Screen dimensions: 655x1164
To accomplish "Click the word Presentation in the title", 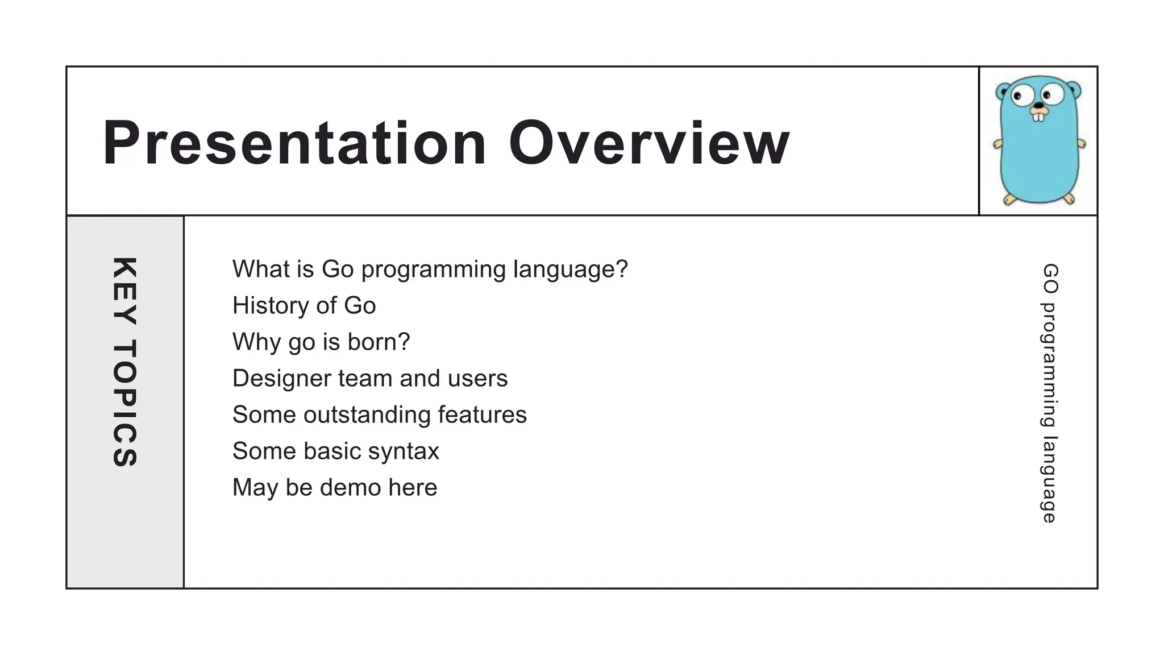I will coord(294,143).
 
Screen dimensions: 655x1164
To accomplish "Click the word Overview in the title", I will coord(648,143).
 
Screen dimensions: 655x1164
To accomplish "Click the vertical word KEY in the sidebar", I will coord(124,291).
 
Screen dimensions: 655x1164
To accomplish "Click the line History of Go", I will coord(304,306).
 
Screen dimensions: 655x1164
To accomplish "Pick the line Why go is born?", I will coord(321,342).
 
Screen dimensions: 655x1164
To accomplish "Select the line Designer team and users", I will coord(370,379).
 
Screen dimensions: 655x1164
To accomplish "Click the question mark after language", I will coord(622,269).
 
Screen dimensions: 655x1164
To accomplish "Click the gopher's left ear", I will coord(1003,91).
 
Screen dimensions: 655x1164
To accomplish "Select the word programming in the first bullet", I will coord(433,270).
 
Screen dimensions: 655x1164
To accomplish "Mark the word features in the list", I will coord(482,415).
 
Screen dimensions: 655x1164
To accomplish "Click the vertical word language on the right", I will coord(1049,479).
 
